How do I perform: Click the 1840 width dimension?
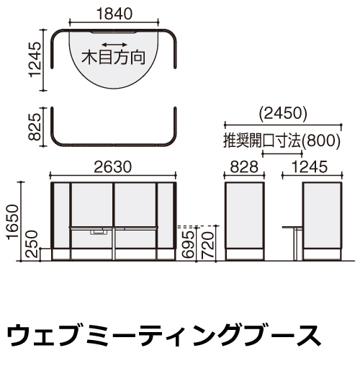click(x=114, y=14)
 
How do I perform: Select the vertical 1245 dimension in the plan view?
click(x=35, y=60)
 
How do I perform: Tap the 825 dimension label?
click(x=35, y=127)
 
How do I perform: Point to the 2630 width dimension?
click(x=113, y=167)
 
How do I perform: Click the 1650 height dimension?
click(x=12, y=222)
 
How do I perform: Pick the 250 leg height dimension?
click(x=32, y=244)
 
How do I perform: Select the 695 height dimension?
click(x=187, y=244)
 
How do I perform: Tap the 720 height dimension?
click(x=207, y=245)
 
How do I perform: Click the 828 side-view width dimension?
click(x=244, y=167)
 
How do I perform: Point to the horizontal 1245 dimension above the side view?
click(x=310, y=167)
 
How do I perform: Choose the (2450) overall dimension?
click(x=283, y=113)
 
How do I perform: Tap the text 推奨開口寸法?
click(x=262, y=141)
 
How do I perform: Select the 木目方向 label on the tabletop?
click(x=113, y=58)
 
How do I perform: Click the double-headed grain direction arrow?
click(x=114, y=45)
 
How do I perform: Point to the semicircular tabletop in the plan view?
click(x=114, y=60)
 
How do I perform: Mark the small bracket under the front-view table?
click(x=99, y=232)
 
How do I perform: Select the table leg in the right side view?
click(x=295, y=244)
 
